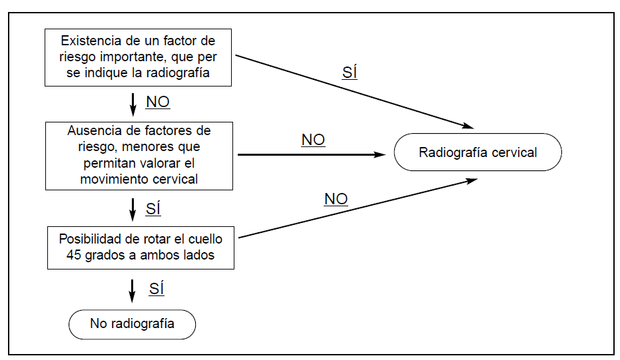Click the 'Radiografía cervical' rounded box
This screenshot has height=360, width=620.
pyautogui.click(x=477, y=152)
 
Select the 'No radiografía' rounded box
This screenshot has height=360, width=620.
pyautogui.click(x=132, y=324)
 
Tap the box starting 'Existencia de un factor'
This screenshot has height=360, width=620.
pyautogui.click(x=138, y=57)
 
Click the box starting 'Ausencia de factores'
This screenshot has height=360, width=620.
pyautogui.click(x=139, y=155)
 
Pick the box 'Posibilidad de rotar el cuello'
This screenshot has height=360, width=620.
pyautogui.click(x=140, y=247)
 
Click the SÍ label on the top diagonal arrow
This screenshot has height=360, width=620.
pyautogui.click(x=350, y=73)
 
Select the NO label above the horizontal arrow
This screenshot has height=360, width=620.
pyautogui.click(x=313, y=140)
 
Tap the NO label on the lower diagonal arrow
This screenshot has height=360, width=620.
pyautogui.click(x=336, y=198)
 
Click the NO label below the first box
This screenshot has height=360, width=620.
pyautogui.click(x=158, y=102)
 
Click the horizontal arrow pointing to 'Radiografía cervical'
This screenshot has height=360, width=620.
pyautogui.click(x=311, y=154)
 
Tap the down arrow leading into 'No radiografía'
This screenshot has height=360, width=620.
pyautogui.click(x=133, y=290)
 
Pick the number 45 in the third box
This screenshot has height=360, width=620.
pyautogui.click(x=73, y=254)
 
